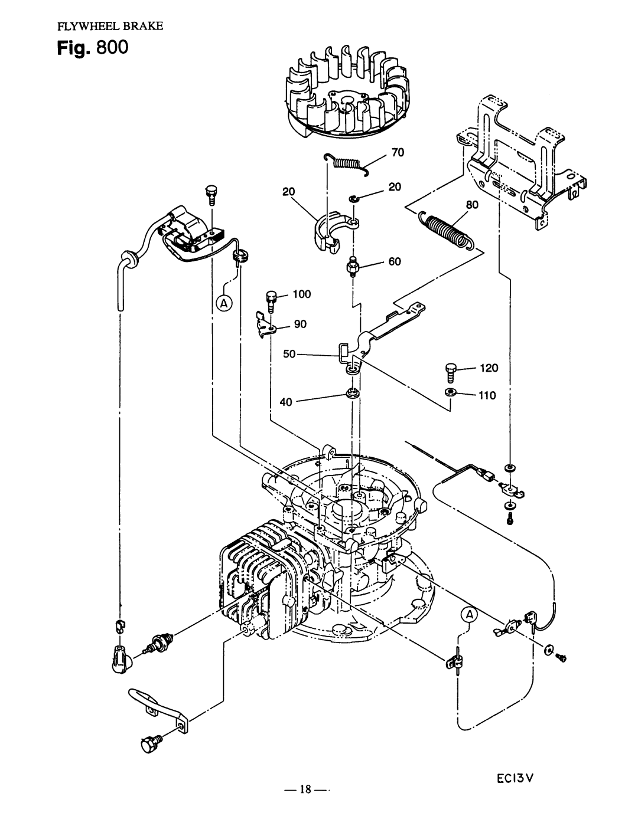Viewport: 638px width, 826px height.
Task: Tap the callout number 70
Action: (x=396, y=153)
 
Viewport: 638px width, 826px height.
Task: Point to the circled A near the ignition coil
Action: (x=225, y=304)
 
